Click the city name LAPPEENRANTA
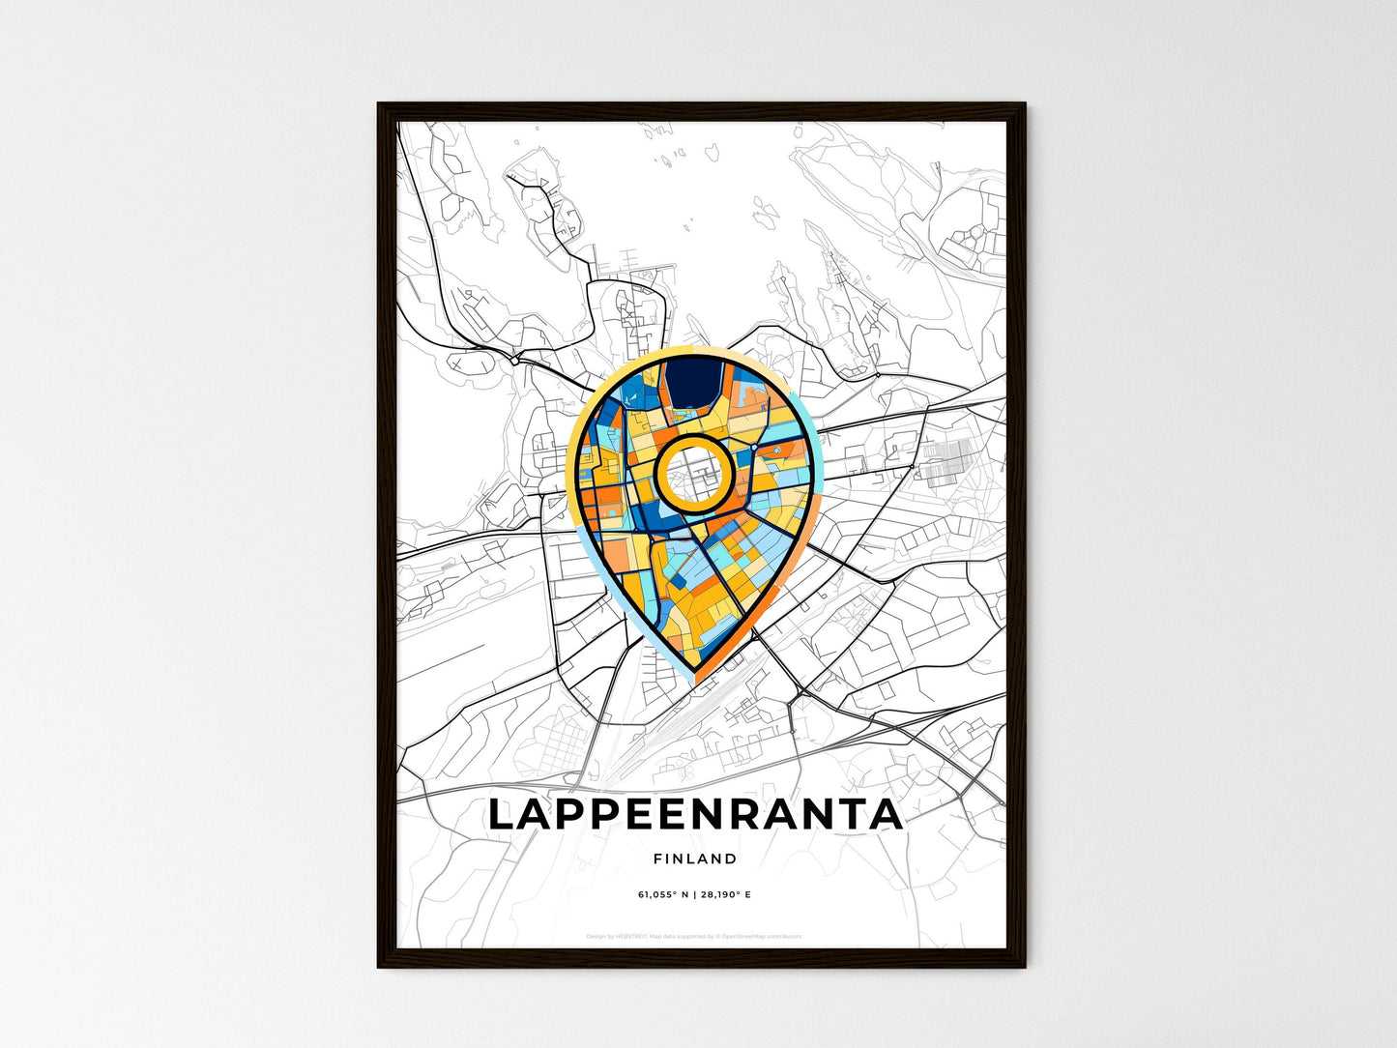tap(695, 814)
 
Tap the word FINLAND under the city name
tap(695, 859)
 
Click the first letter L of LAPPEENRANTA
tap(503, 814)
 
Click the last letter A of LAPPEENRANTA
tap(886, 814)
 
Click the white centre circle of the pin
tap(692, 473)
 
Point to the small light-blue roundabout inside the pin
tap(753, 448)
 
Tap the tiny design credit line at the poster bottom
tap(694, 936)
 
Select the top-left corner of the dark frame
tap(380, 104)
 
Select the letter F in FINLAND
tap(657, 859)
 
